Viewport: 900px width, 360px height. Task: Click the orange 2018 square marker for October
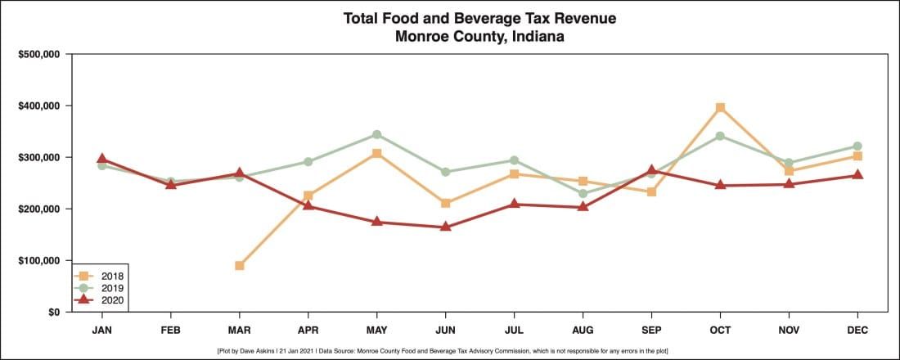click(720, 108)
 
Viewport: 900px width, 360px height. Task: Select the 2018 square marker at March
click(239, 266)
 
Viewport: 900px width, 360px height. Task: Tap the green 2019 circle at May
click(376, 134)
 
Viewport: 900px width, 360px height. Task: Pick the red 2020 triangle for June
click(445, 227)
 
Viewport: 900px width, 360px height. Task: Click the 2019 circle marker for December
click(857, 146)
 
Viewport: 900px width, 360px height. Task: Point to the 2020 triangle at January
click(101, 159)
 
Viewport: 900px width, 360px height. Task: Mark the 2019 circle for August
click(583, 194)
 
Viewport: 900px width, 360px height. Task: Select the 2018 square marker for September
click(651, 192)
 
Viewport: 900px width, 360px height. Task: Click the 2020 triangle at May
click(376, 222)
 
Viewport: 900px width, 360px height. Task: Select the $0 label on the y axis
click(52, 313)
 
